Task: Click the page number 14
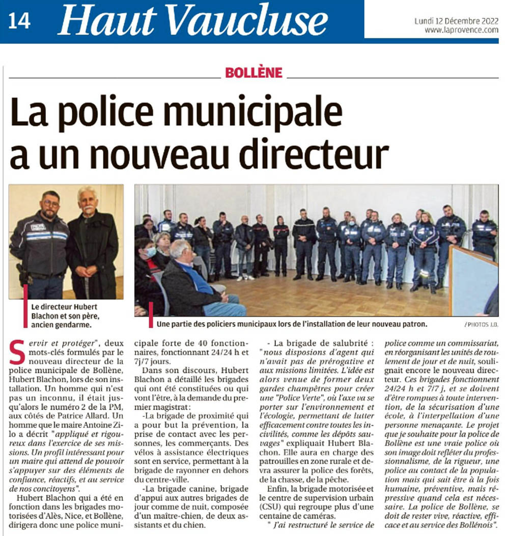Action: [x=20, y=21]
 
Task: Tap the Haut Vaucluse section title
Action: [x=193, y=20]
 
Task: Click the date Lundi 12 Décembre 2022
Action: [x=456, y=21]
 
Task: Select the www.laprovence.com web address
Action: [x=461, y=30]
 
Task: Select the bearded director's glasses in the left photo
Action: [x=50, y=203]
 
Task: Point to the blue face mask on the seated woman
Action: [x=150, y=251]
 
